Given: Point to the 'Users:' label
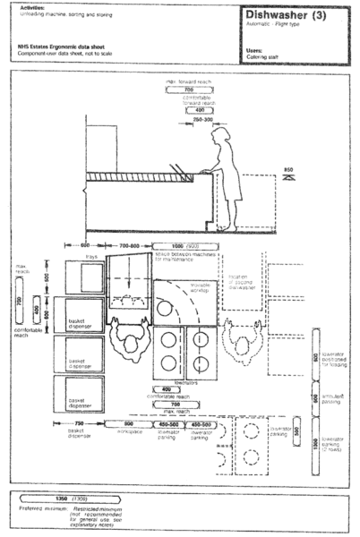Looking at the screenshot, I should (x=253, y=50).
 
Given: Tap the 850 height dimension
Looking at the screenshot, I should (x=288, y=170).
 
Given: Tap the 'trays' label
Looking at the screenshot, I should (x=90, y=258).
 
